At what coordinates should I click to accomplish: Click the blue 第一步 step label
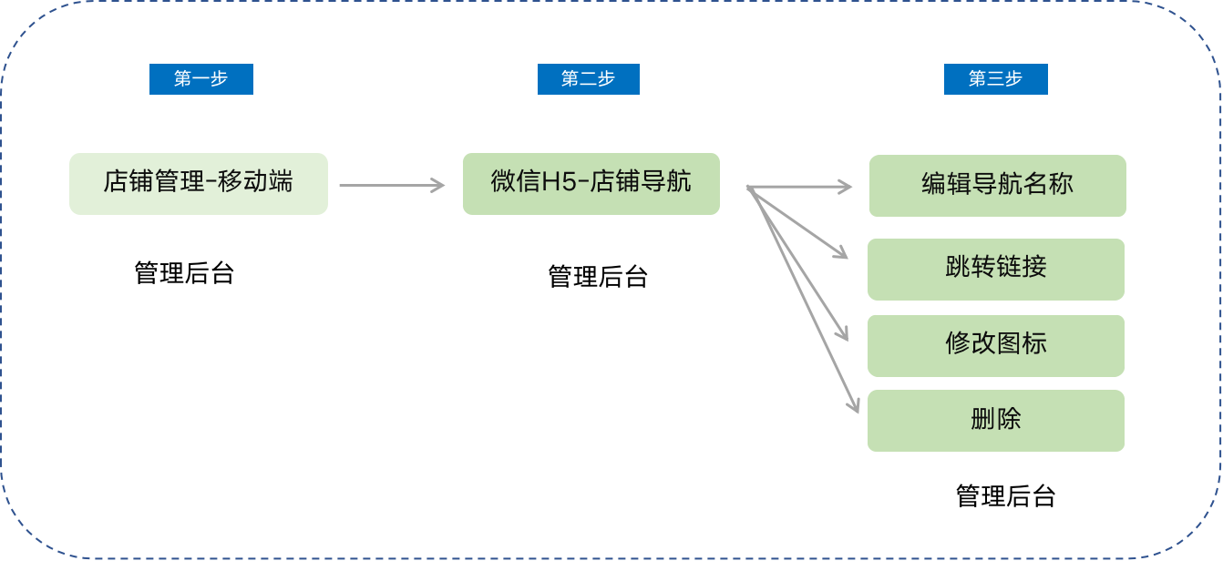pyautogui.click(x=200, y=79)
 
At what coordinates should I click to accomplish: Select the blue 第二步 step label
pyautogui.click(x=588, y=79)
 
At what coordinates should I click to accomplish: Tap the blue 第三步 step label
pyautogui.click(x=995, y=79)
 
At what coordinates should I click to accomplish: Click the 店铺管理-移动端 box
pyautogui.click(x=198, y=183)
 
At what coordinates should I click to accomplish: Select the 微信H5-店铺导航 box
pyautogui.click(x=591, y=183)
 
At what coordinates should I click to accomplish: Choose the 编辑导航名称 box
pyautogui.click(x=997, y=186)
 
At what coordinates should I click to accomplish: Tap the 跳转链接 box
pyautogui.click(x=995, y=269)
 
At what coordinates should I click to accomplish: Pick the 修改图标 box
pyautogui.click(x=995, y=345)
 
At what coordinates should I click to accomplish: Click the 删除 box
pyautogui.click(x=995, y=420)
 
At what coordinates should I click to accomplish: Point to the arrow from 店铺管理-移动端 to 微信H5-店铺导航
pyautogui.click(x=392, y=185)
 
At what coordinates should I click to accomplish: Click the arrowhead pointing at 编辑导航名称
pyautogui.click(x=846, y=187)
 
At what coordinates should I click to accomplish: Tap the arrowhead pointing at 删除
pyautogui.click(x=854, y=407)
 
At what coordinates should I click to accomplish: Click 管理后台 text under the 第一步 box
pyautogui.click(x=184, y=273)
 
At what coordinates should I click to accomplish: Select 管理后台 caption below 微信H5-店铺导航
pyautogui.click(x=597, y=277)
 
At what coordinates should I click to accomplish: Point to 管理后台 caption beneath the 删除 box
pyautogui.click(x=1005, y=496)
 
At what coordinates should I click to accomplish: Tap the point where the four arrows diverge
pyautogui.click(x=748, y=189)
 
